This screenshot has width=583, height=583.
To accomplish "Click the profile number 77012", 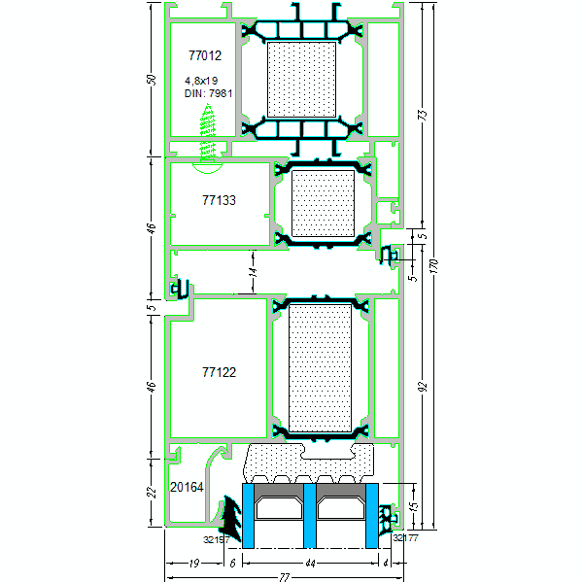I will click(x=204, y=56).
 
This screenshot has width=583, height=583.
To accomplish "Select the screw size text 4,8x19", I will click(x=201, y=81).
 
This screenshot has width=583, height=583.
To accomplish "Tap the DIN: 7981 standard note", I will click(x=208, y=93).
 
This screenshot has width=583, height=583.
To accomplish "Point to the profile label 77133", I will click(x=220, y=200).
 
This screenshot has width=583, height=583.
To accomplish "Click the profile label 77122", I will click(x=220, y=372).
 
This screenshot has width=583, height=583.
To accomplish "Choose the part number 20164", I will click(x=187, y=486).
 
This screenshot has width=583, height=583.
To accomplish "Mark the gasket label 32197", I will click(x=215, y=537).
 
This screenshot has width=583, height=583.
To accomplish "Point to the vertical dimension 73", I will click(x=421, y=114).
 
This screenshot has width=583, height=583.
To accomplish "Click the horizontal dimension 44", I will click(x=308, y=563).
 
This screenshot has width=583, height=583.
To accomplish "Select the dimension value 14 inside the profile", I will click(x=251, y=273).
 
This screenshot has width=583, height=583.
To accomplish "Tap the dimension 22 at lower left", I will click(x=151, y=493).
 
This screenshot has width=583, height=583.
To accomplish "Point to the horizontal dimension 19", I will click(x=194, y=563).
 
